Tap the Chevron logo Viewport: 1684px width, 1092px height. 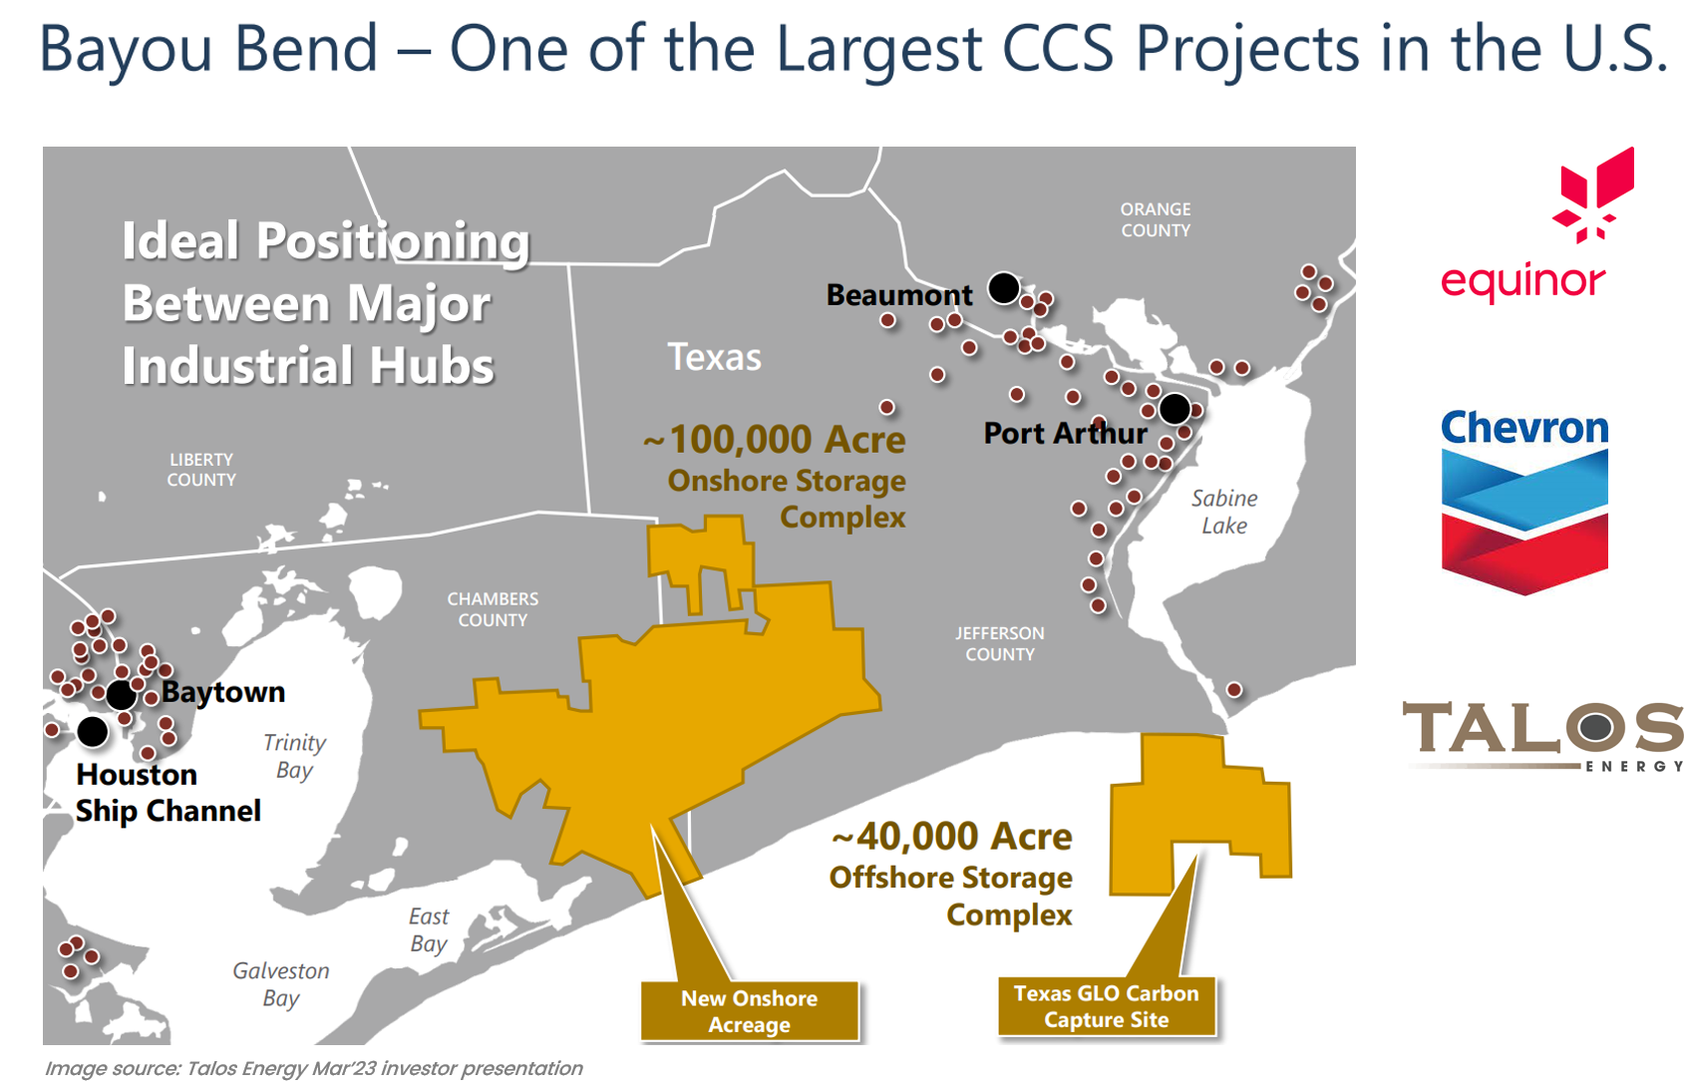click(x=1524, y=501)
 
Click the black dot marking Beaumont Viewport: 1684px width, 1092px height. click(x=1004, y=287)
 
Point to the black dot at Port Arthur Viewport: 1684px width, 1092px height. click(x=1175, y=408)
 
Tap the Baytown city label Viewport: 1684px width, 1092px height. click(x=223, y=692)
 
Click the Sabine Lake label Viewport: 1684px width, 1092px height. click(x=1224, y=512)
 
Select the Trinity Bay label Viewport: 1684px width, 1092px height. click(x=294, y=756)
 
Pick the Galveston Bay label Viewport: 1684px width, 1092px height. click(x=280, y=984)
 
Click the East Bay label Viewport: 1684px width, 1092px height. click(x=429, y=929)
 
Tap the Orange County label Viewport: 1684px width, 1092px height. click(x=1156, y=219)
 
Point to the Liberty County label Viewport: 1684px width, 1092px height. click(x=201, y=470)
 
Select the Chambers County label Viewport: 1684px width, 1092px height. click(x=493, y=609)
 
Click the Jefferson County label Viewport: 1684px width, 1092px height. click(x=1000, y=644)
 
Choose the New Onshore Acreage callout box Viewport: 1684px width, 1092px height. click(x=750, y=1011)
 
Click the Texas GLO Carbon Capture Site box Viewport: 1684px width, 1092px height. click(x=1107, y=1006)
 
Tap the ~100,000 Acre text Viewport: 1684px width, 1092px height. click(x=775, y=439)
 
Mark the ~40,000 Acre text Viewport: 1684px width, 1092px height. click(x=952, y=837)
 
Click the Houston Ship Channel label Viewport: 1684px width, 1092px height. click(x=168, y=793)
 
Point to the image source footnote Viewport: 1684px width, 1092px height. click(x=314, y=1069)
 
